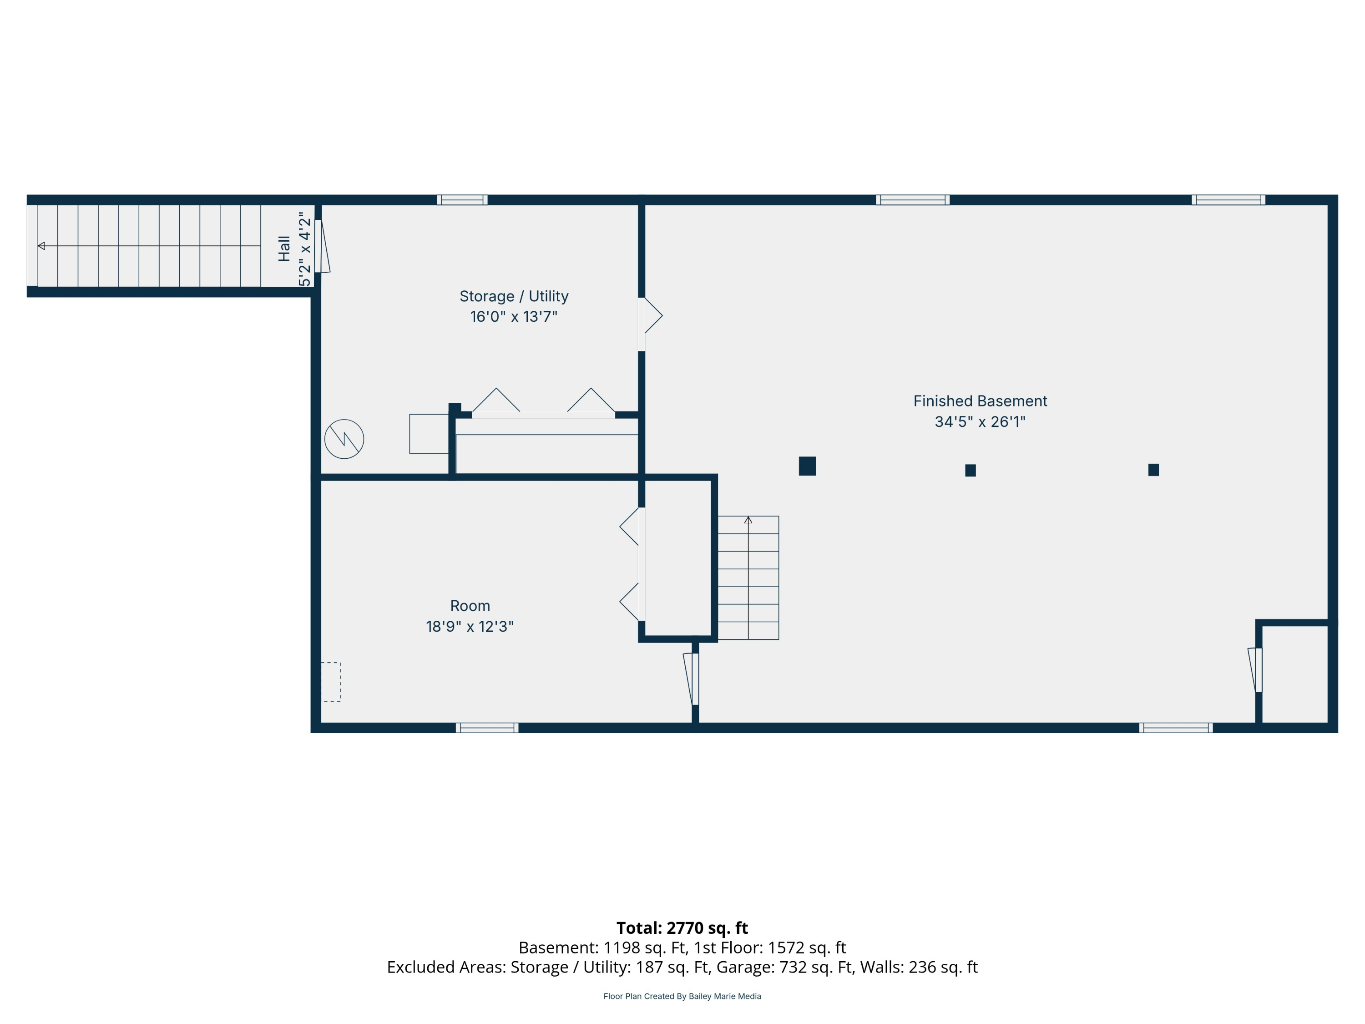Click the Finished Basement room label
click(980, 401)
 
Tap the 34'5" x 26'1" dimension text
click(980, 421)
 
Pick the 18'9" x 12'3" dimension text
click(470, 627)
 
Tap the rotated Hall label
click(284, 249)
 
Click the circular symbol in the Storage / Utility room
click(344, 439)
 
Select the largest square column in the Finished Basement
click(807, 466)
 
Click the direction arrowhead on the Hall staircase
click(41, 246)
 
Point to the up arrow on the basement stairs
click(748, 520)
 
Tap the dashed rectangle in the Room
click(331, 682)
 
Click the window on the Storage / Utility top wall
click(462, 200)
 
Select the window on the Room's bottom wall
click(487, 728)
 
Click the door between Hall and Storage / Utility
click(322, 246)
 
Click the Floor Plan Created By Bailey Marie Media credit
click(682, 996)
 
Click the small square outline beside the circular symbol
click(429, 434)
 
